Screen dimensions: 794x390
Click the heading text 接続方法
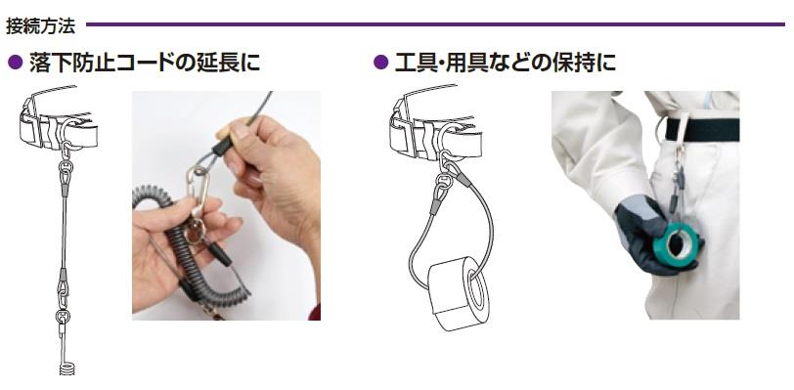click(40, 25)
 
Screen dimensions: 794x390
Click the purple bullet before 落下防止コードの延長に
click(16, 63)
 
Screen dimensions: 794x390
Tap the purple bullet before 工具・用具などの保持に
click(380, 63)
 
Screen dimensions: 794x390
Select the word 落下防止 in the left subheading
click(71, 63)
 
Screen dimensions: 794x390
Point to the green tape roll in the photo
click(676, 242)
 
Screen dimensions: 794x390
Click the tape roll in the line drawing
click(459, 294)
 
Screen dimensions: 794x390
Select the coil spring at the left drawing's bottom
click(66, 368)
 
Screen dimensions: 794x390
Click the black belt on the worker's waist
click(702, 130)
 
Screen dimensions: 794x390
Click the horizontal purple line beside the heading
click(435, 23)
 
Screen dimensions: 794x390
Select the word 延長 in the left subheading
click(216, 63)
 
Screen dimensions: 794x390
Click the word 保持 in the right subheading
click(572, 63)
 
